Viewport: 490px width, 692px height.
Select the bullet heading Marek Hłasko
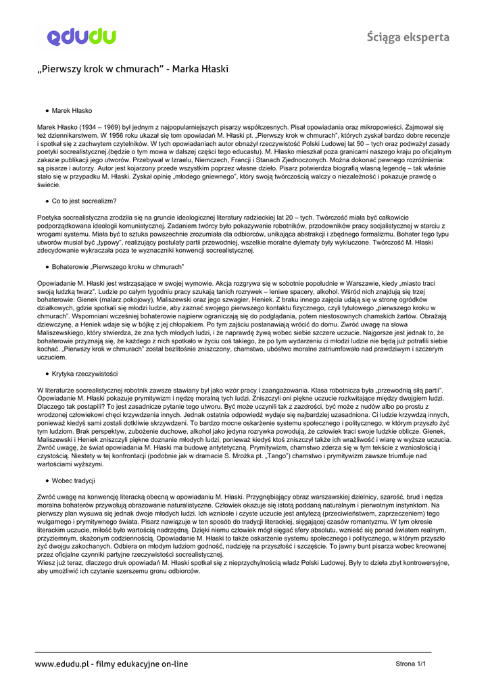[x=72, y=109]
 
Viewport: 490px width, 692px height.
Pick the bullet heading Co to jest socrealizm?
[x=84, y=201]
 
